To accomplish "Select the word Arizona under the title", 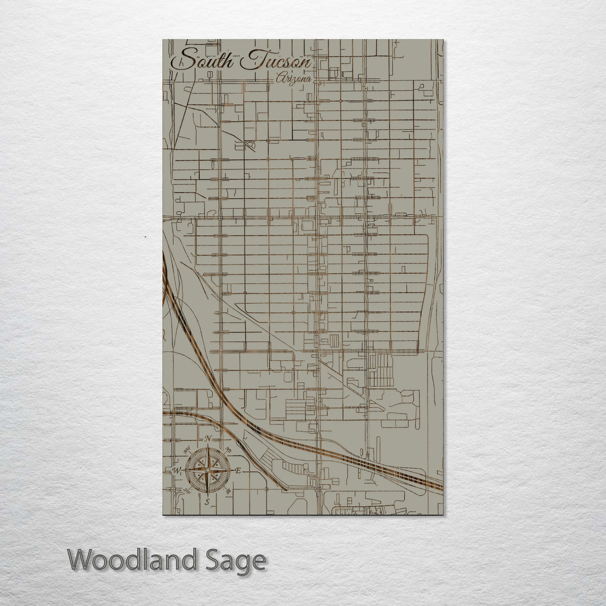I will click(x=293, y=79).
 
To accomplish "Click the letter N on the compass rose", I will click(x=208, y=438).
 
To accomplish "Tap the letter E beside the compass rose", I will click(x=238, y=470).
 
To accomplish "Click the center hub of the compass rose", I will click(x=208, y=469).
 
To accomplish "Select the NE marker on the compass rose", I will click(x=228, y=450).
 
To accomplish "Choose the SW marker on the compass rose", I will click(x=187, y=490).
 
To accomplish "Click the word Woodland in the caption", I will click(x=133, y=560).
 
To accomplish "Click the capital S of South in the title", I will click(x=182, y=59).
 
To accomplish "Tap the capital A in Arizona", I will click(x=279, y=79).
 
